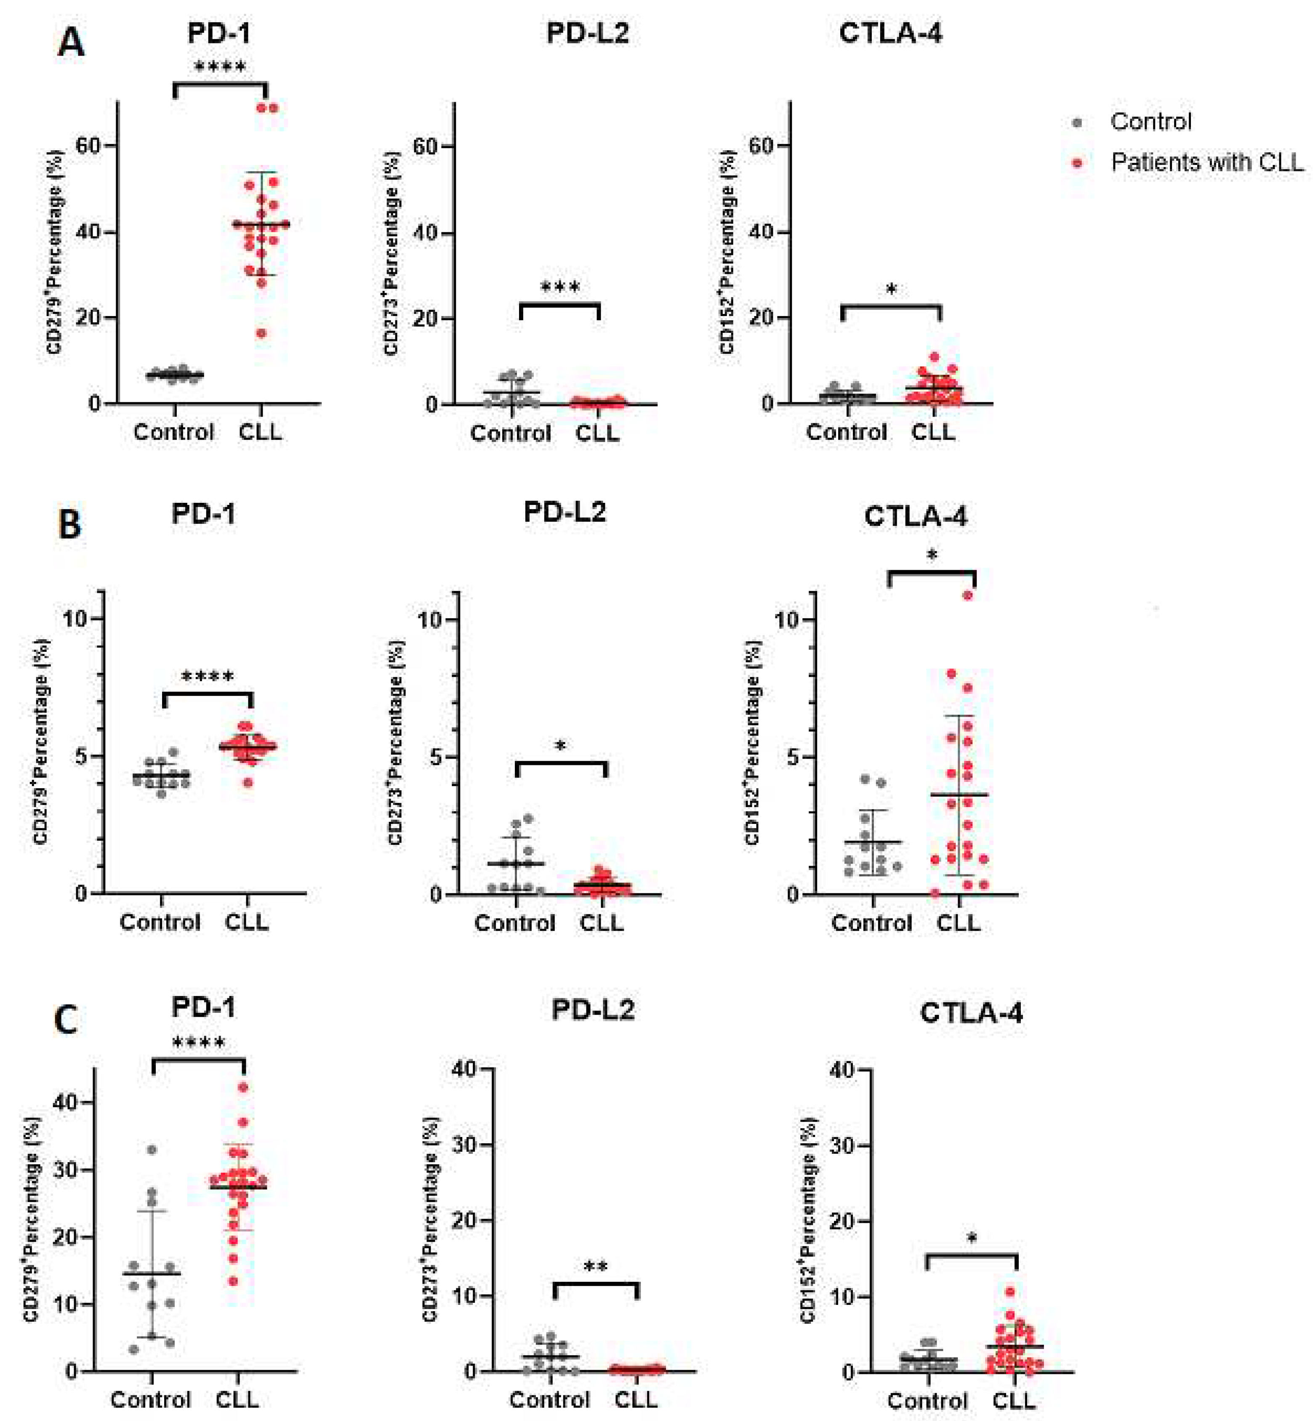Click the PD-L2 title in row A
[x=587, y=33]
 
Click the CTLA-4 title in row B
[x=915, y=516]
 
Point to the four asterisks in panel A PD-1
[x=220, y=67]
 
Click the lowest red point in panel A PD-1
[x=261, y=333]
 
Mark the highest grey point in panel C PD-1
[x=151, y=1149]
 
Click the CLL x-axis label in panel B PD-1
[x=247, y=922]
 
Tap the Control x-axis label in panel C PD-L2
[x=549, y=1399]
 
